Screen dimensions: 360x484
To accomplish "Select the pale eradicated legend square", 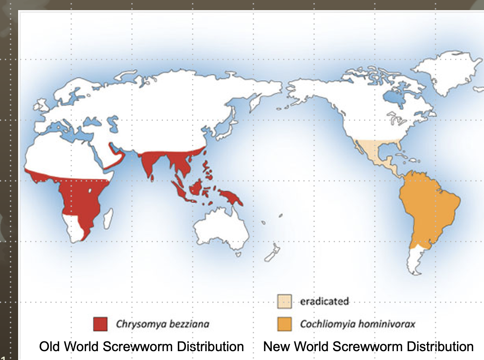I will [x=284, y=301].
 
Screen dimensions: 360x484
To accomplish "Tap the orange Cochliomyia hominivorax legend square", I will [x=284, y=324].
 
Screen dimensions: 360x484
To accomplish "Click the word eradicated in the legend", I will [x=324, y=301].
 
